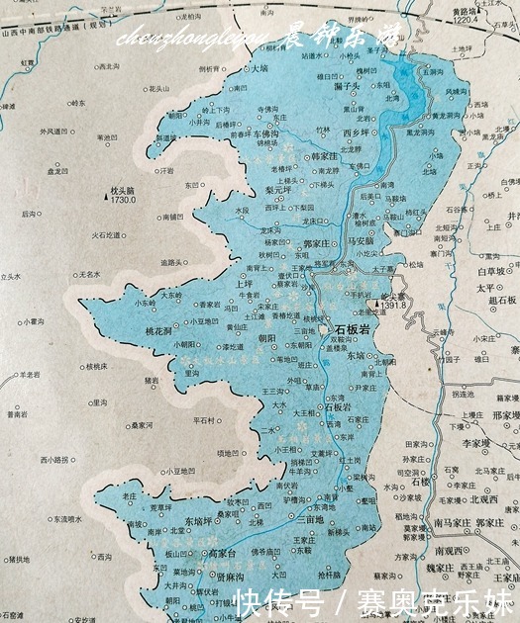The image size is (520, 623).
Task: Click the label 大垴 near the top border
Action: tap(260, 69)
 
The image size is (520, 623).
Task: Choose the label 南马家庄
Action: tap(451, 520)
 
